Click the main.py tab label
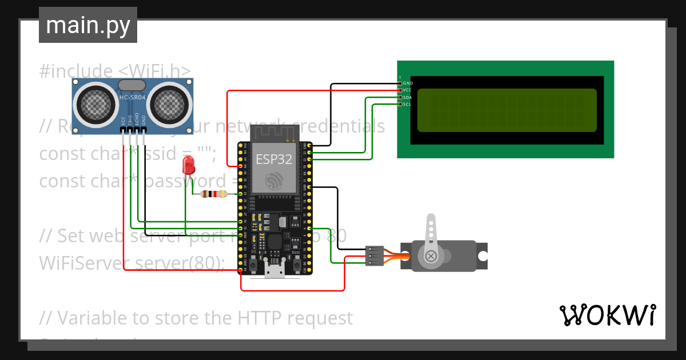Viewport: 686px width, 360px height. click(87, 25)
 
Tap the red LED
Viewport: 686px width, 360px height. click(188, 166)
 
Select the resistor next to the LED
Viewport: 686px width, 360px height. click(213, 194)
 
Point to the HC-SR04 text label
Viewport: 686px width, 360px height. click(132, 98)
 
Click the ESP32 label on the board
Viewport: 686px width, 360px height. click(273, 159)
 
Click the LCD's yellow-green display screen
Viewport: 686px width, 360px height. click(506, 110)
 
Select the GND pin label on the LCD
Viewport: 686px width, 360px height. click(408, 83)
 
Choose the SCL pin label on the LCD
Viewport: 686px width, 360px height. click(407, 105)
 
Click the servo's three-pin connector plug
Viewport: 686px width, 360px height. click(374, 255)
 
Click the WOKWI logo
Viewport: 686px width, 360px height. click(607, 315)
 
